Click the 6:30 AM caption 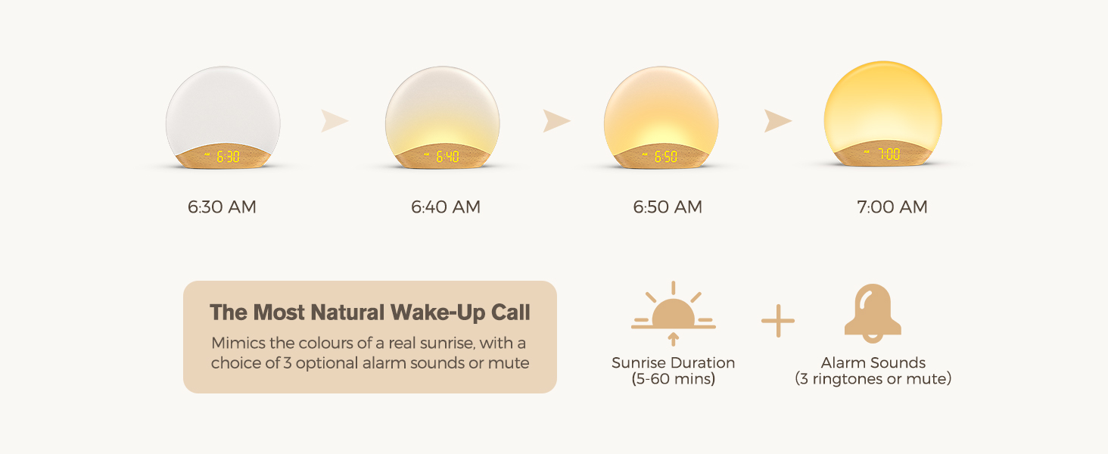coord(222,207)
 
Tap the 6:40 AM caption coord(446,207)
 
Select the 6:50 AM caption coord(668,207)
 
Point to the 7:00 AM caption coord(892,207)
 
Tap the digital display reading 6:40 coord(448,157)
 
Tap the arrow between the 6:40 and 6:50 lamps coord(556,121)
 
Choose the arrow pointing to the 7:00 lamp coord(777,121)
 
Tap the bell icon coord(873,313)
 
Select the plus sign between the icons coord(778,321)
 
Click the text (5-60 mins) coord(673,379)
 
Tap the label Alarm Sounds coord(873,363)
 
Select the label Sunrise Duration coord(673,363)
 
